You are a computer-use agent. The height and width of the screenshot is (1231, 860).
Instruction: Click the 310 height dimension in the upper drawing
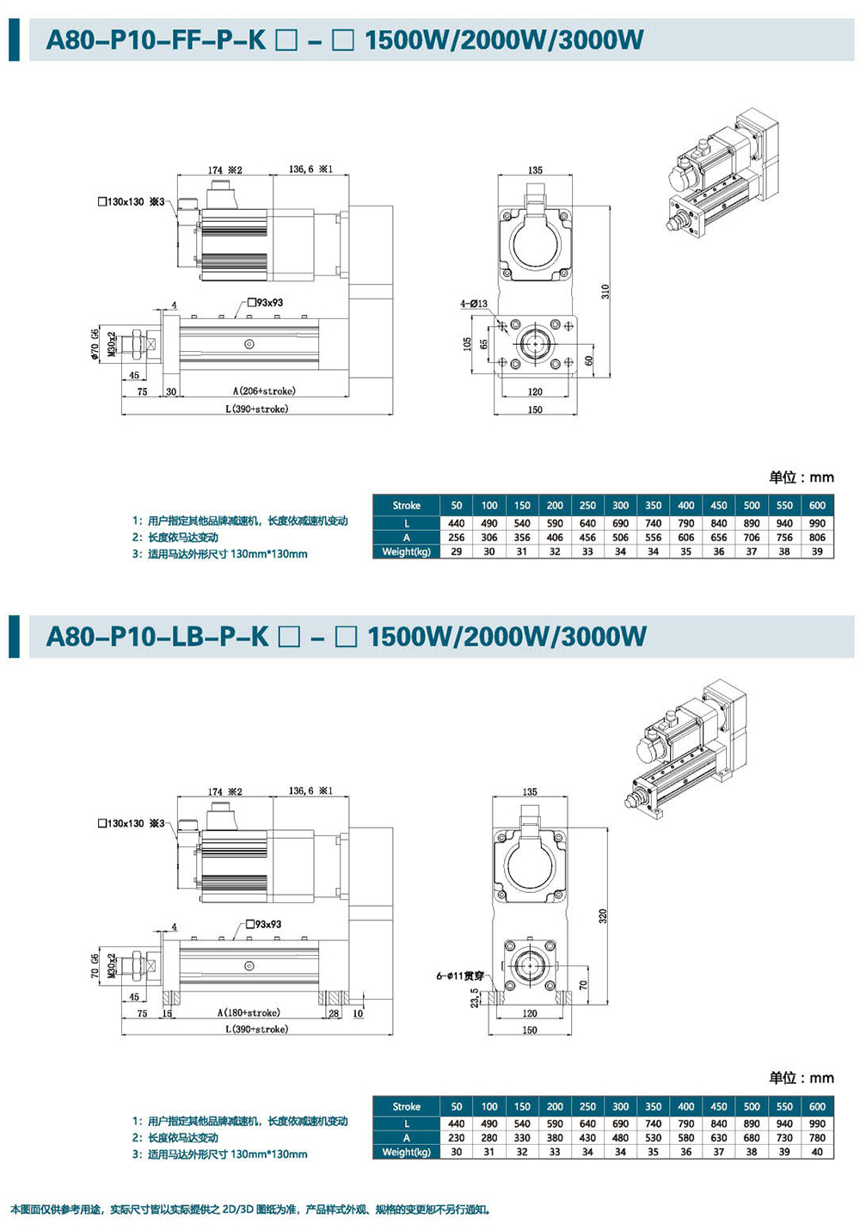[x=605, y=292]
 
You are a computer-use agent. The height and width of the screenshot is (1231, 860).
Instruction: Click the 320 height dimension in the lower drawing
[x=603, y=916]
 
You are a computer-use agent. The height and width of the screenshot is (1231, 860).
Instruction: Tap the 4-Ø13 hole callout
[x=473, y=304]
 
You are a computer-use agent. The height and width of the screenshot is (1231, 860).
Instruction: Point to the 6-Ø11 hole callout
[x=459, y=976]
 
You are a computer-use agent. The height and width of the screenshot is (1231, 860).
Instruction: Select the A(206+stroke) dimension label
[x=264, y=391]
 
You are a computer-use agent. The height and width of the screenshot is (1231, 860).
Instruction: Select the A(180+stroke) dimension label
[x=249, y=1013]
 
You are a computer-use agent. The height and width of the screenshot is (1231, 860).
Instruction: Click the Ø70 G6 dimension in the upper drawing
[x=95, y=344]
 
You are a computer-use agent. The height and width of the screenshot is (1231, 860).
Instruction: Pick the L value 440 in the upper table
[x=457, y=523]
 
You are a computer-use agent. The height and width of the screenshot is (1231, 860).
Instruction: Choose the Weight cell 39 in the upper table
[x=817, y=551]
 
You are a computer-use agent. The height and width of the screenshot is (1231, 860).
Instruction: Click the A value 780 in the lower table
[x=817, y=1137]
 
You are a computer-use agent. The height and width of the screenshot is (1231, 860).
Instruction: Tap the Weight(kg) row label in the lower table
[x=406, y=1152]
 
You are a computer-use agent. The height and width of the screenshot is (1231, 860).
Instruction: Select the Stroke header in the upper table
[x=406, y=505]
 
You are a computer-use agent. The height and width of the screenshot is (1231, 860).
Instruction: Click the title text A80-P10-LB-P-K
[x=157, y=637]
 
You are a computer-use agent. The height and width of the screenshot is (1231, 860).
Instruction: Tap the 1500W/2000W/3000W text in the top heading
[x=504, y=40]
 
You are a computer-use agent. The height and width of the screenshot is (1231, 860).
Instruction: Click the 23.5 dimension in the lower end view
[x=475, y=997]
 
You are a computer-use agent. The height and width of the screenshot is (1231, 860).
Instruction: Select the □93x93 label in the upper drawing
[x=265, y=303]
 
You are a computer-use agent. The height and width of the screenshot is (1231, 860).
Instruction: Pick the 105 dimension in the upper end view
[x=467, y=344]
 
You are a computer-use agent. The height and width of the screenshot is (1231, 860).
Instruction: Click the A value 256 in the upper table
[x=457, y=538]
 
